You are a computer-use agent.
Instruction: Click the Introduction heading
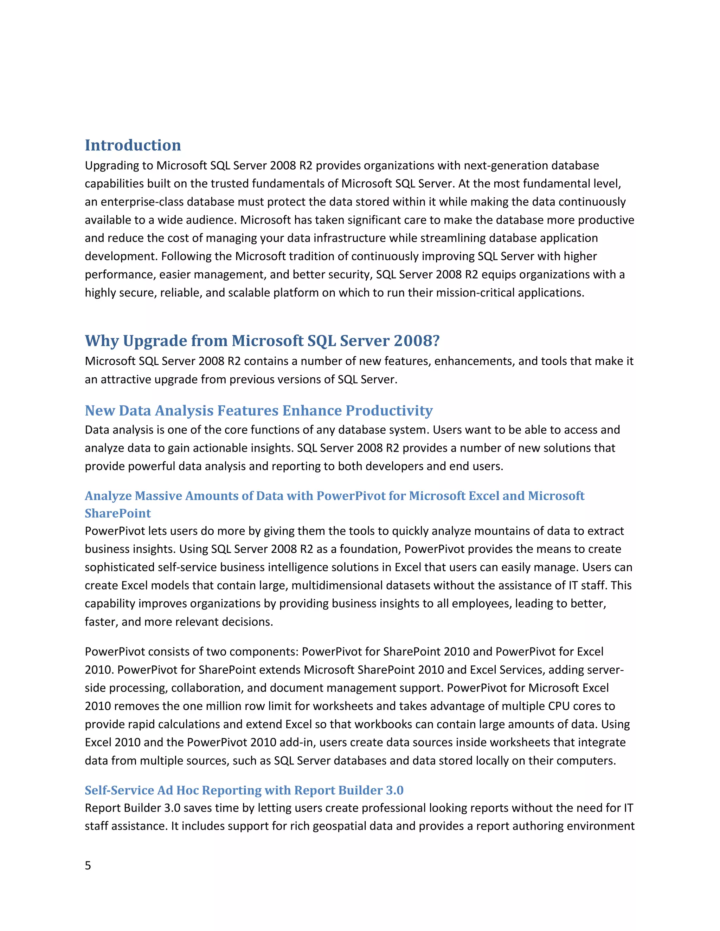[x=133, y=145]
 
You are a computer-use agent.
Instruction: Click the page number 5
[x=88, y=865]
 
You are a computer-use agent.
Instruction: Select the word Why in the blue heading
[x=102, y=341]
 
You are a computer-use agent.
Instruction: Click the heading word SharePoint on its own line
[x=118, y=513]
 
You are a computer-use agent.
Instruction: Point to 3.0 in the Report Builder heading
[x=394, y=790]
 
